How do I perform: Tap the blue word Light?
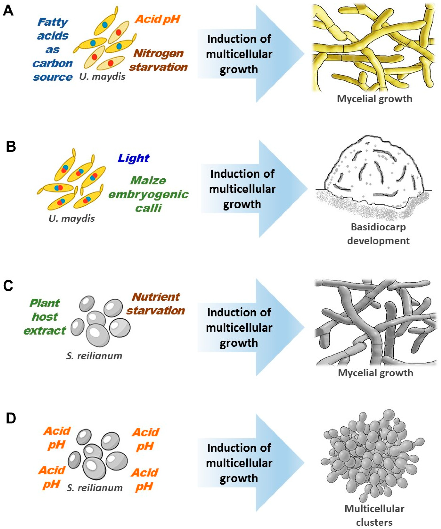click(133, 158)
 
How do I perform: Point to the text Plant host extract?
click(45, 317)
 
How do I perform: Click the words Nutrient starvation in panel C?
click(156, 303)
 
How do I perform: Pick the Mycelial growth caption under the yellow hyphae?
click(374, 99)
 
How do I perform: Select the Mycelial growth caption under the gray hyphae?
click(375, 373)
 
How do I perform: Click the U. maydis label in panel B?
click(72, 218)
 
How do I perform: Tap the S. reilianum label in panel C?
click(94, 356)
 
